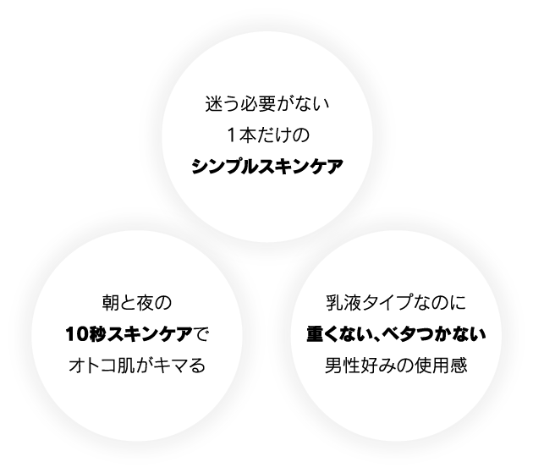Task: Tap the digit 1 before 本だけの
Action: point(231,135)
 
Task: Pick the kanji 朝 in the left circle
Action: point(111,303)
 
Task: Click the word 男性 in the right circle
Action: point(342,366)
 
